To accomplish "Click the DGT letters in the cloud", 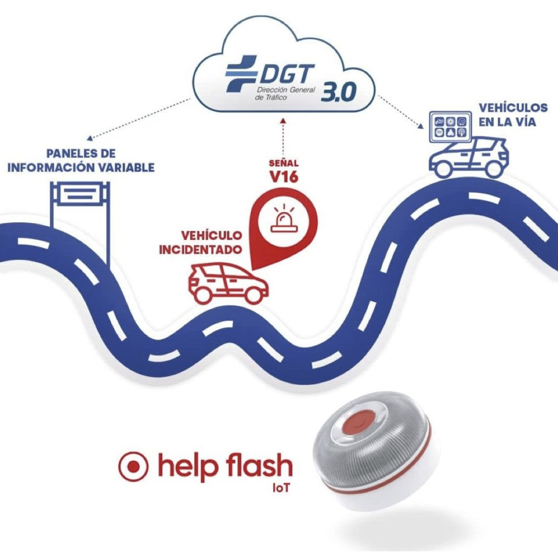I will pos(286,75).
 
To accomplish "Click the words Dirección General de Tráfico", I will pos(286,93).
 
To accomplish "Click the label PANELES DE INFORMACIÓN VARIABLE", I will pos(81,160).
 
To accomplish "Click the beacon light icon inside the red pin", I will pos(284,220).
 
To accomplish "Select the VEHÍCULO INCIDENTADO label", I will pos(200,242).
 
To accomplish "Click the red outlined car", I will pos(228,284).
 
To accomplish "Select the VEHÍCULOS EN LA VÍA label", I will pos(513,115).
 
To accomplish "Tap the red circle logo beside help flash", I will pos(133,466).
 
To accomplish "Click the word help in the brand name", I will pos(186,466).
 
